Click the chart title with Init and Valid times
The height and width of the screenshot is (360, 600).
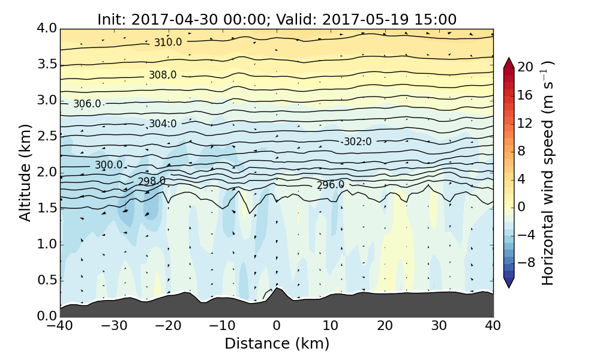pos(277,19)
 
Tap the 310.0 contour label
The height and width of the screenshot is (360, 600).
pos(168,43)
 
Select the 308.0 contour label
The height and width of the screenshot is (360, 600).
pos(163,75)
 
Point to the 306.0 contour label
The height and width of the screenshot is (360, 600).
pos(87,104)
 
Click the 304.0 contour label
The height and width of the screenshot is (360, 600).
pos(163,124)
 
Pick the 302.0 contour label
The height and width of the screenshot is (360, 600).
pos(358,142)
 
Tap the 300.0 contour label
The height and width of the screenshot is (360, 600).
pos(109,165)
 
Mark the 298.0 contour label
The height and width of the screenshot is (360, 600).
pos(152,181)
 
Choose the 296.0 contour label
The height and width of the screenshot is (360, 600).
pos(331,185)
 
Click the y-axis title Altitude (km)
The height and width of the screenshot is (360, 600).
pos(25,172)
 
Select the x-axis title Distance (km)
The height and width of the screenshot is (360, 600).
pos(277,344)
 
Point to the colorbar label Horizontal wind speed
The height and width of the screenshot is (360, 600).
pos(547,173)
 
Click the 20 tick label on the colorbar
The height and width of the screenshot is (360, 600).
pos(526,67)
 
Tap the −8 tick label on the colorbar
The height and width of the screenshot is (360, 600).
pos(526,262)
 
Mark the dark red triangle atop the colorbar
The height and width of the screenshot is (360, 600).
pos(509,62)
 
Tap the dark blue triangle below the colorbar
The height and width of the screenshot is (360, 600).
pos(509,283)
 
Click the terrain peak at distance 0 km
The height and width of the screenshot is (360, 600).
pos(277,289)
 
